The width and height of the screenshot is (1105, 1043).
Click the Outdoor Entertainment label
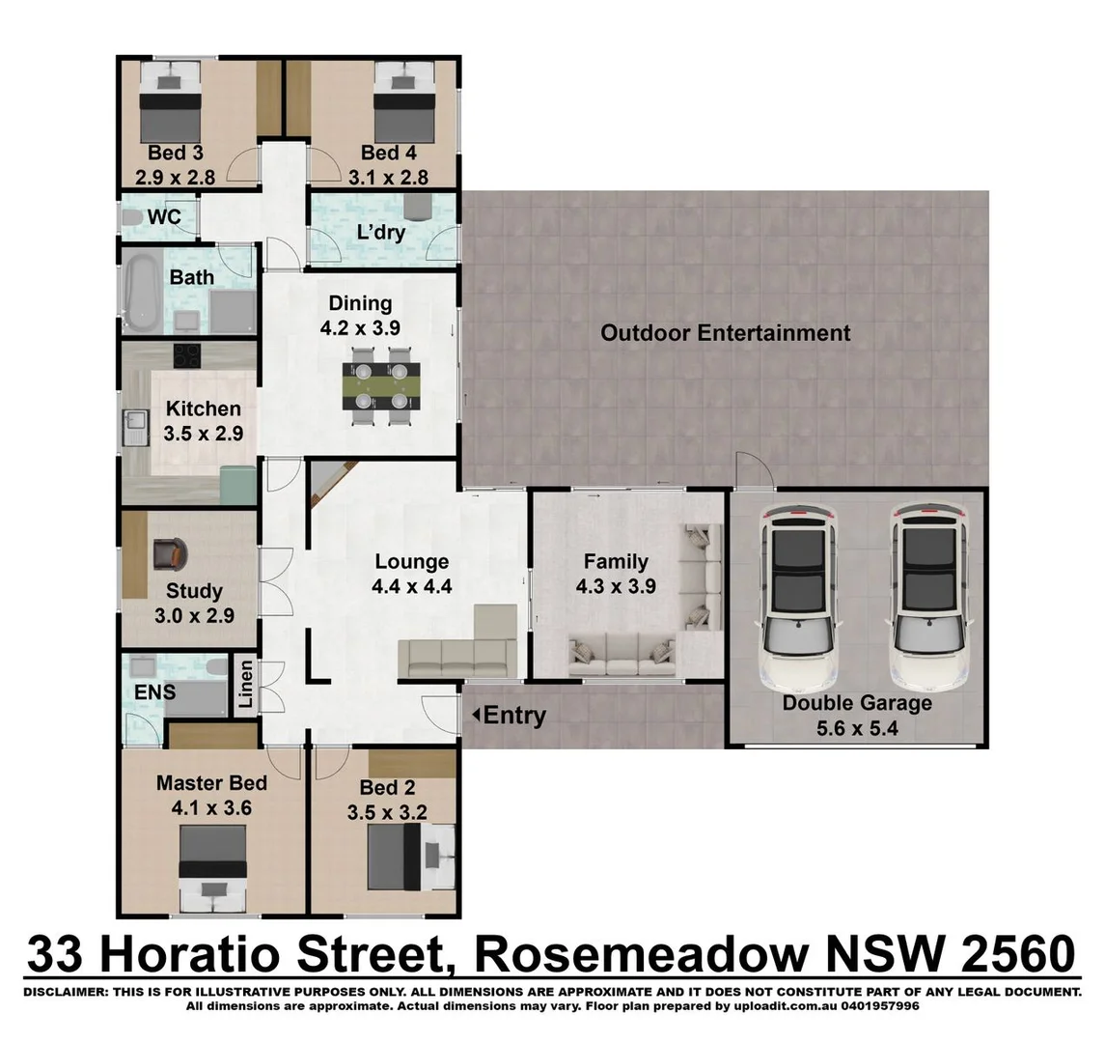point(725,333)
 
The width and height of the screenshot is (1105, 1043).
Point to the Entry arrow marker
point(476,715)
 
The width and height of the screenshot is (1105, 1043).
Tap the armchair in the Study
point(171,553)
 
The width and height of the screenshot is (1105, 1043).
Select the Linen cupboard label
point(246,685)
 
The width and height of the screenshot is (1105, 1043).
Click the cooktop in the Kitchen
point(187,354)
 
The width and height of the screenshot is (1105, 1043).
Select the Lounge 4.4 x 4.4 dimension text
point(412,585)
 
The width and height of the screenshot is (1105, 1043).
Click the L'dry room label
point(380,232)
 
